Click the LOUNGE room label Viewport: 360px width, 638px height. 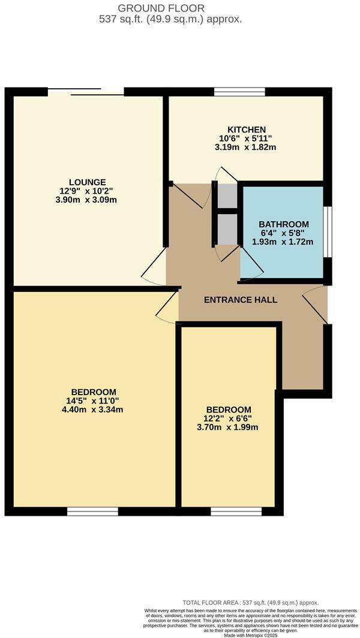pos(88,182)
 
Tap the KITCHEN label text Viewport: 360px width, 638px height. pos(246,130)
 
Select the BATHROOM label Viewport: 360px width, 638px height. pos(284,224)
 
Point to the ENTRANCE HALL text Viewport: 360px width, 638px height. pos(241,300)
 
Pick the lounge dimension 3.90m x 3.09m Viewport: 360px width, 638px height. pos(88,200)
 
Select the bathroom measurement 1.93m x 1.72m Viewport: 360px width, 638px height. pos(283,242)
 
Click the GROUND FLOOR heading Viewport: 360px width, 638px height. pos(170,8)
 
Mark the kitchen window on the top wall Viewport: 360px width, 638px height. pos(240,92)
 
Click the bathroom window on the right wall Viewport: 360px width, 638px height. pos(327,232)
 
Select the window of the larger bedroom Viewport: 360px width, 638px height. pos(92,511)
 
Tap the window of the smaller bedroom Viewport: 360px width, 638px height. pos(236,511)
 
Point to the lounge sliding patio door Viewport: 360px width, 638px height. pos(86,92)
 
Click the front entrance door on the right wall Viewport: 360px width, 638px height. pos(327,305)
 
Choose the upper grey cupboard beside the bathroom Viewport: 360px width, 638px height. pos(227,196)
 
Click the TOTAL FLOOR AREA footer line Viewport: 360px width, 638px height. pos(251,603)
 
